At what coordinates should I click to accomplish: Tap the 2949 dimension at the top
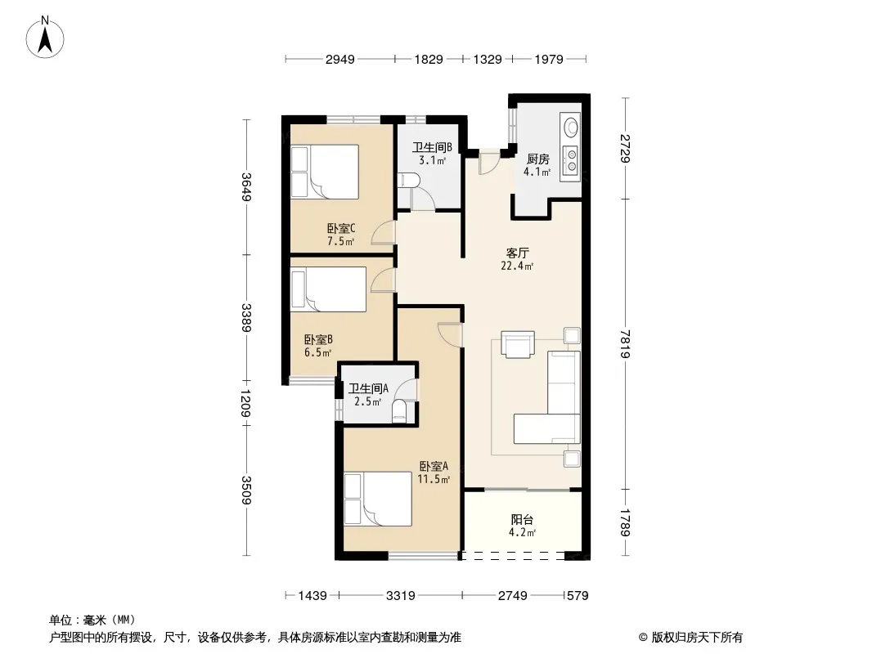pyautogui.click(x=339, y=59)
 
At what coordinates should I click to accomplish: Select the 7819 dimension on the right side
pyautogui.click(x=626, y=344)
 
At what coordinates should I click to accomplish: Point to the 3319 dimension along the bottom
pyautogui.click(x=400, y=596)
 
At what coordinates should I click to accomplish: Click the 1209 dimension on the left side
pyautogui.click(x=246, y=403)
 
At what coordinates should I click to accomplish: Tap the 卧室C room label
pyautogui.click(x=341, y=228)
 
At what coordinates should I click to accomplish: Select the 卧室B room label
pyautogui.click(x=319, y=339)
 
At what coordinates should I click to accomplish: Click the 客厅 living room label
pyautogui.click(x=517, y=253)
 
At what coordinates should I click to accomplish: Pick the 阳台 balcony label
pyautogui.click(x=522, y=520)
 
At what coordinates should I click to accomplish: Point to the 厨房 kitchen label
pyautogui.click(x=537, y=159)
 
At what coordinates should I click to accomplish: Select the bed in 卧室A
pyautogui.click(x=378, y=499)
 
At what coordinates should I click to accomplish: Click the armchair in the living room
pyautogui.click(x=518, y=343)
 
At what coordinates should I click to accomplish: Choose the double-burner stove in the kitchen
pyautogui.click(x=571, y=159)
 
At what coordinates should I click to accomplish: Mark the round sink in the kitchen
pyautogui.click(x=571, y=128)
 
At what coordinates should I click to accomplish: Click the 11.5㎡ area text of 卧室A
pyautogui.click(x=434, y=479)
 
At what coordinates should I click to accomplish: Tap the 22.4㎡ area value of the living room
pyautogui.click(x=517, y=267)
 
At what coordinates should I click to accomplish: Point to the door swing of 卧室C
pyautogui.click(x=384, y=233)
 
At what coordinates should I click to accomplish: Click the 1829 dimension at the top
pyautogui.click(x=429, y=59)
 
